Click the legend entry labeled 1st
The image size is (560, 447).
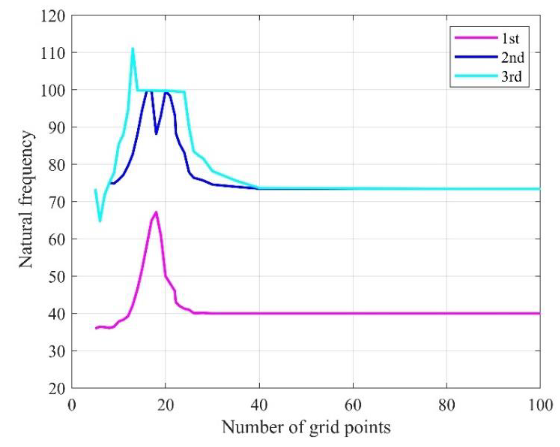510,39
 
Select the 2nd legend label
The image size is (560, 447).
512,57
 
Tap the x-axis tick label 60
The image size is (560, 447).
353,405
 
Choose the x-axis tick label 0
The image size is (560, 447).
72,405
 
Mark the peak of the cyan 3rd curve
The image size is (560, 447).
133,48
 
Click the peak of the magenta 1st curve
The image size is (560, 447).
156,212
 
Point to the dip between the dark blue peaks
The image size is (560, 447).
156,134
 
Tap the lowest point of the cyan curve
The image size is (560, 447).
100,221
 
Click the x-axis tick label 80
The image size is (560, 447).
446,405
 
